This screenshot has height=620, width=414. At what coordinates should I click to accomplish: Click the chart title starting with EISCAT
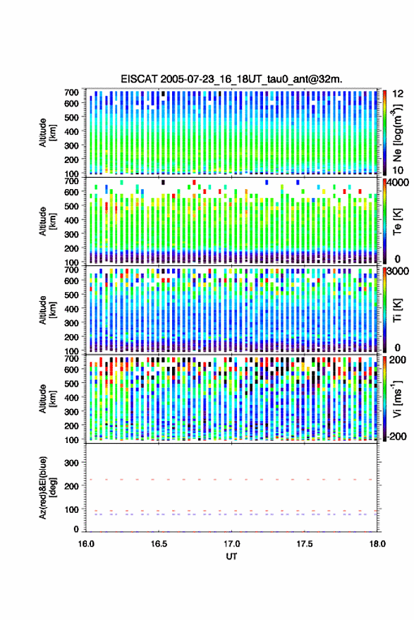231,79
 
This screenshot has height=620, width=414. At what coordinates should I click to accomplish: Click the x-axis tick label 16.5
159,544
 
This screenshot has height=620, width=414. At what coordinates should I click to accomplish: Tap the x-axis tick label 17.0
231,544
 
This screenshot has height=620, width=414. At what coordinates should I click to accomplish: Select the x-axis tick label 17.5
304,544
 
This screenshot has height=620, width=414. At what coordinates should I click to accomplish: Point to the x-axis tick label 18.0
377,544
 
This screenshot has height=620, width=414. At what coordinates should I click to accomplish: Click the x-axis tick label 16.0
86,544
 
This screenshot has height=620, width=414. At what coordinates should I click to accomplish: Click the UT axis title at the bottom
231,557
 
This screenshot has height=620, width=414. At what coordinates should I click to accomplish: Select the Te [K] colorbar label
397,221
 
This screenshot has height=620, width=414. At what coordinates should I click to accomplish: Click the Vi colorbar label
397,399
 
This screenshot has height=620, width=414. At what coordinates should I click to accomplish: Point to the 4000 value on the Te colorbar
398,183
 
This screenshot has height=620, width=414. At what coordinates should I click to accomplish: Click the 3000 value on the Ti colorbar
398,272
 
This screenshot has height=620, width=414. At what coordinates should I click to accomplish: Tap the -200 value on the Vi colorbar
396,436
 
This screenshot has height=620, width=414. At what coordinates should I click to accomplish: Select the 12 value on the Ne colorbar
398,94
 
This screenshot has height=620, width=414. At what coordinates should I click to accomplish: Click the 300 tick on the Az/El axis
71,463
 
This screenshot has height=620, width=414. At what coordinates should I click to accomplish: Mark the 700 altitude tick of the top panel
71,92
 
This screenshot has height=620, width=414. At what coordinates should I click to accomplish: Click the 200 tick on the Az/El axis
71,486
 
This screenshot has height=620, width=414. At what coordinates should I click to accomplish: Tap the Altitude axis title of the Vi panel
47,399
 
